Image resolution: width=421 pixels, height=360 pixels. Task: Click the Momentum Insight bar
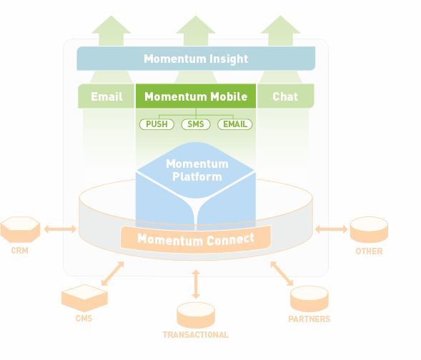[196, 59]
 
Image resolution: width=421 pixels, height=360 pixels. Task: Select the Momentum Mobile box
[196, 96]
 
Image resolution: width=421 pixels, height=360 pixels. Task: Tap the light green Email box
[107, 96]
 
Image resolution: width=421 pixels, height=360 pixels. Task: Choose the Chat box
[285, 96]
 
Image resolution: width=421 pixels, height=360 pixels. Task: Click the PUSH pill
[157, 124]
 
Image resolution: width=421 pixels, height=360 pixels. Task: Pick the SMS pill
[196, 124]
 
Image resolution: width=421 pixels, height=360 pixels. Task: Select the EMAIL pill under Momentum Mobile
[235, 124]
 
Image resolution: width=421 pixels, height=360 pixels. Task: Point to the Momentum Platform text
[197, 170]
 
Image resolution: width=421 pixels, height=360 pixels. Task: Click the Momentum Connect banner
[196, 239]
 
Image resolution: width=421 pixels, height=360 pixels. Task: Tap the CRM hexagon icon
[20, 229]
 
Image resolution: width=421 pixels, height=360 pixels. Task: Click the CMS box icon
[84, 298]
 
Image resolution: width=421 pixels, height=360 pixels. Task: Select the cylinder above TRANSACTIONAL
[196, 315]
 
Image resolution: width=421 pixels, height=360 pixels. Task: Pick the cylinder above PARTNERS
[309, 299]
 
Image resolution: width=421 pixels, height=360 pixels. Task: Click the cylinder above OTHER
[370, 229]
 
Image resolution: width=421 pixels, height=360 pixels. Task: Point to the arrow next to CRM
[60, 229]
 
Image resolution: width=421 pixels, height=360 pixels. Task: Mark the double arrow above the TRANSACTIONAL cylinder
[196, 284]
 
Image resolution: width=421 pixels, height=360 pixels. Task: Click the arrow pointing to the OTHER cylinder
[332, 229]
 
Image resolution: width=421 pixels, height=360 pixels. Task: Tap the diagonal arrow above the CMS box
[113, 274]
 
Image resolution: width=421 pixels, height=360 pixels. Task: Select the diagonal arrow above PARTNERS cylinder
[282, 274]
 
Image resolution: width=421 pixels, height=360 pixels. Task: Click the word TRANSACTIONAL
[196, 335]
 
